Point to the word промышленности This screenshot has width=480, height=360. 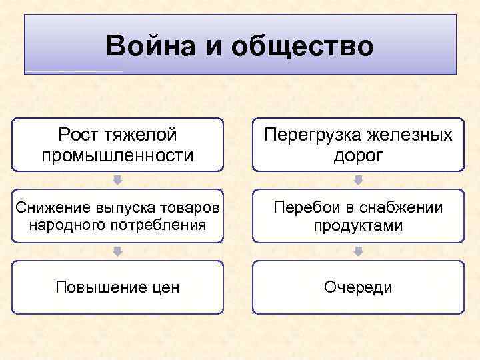(117, 156)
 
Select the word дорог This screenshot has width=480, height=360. (358, 156)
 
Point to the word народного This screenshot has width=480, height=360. (65, 225)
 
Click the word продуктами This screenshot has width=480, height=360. (358, 225)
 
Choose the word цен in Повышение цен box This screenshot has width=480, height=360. (165, 287)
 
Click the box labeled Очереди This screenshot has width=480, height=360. (358, 287)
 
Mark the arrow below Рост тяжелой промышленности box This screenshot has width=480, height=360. (117, 180)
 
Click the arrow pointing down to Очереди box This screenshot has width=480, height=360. (358, 251)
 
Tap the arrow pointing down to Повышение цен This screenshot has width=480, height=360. (117, 251)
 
